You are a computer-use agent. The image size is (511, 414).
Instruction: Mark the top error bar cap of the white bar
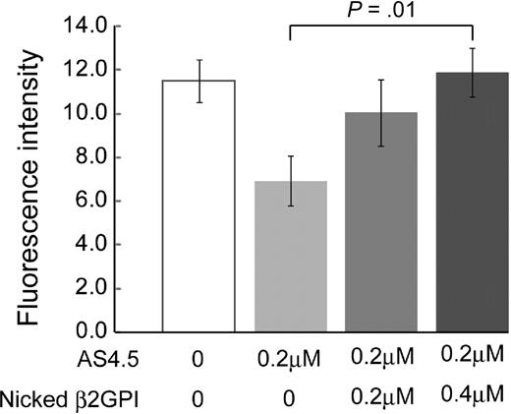tap(199, 60)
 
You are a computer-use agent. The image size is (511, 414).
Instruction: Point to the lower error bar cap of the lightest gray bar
tap(291, 206)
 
